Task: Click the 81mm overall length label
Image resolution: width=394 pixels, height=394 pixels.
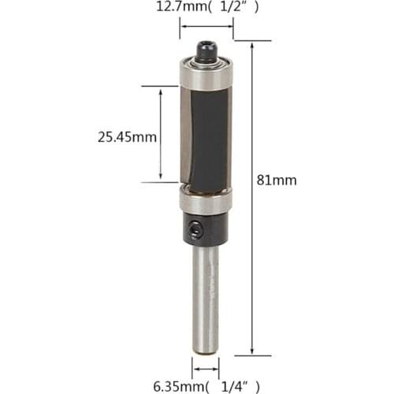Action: click(x=277, y=180)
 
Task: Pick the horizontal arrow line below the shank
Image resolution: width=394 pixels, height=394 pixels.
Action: click(x=206, y=367)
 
